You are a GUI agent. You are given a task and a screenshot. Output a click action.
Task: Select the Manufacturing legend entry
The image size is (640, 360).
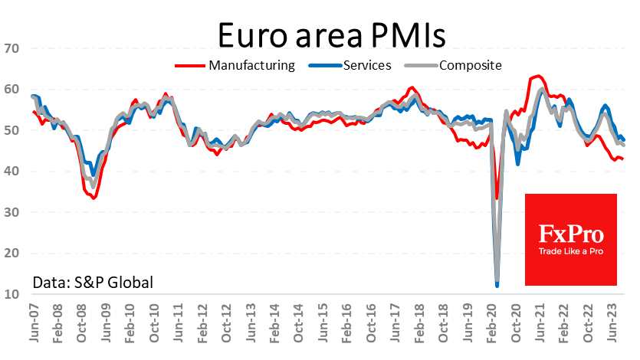(251, 65)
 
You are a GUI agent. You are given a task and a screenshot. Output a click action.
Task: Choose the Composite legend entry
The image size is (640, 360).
(471, 65)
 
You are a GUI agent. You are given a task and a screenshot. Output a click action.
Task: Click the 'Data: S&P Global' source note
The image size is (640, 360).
(93, 283)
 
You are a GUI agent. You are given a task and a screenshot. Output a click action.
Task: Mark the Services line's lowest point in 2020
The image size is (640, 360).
(497, 286)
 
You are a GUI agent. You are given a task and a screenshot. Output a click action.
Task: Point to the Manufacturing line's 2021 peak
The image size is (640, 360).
(538, 76)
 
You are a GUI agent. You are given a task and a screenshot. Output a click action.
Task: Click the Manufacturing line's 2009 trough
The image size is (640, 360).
(94, 198)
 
